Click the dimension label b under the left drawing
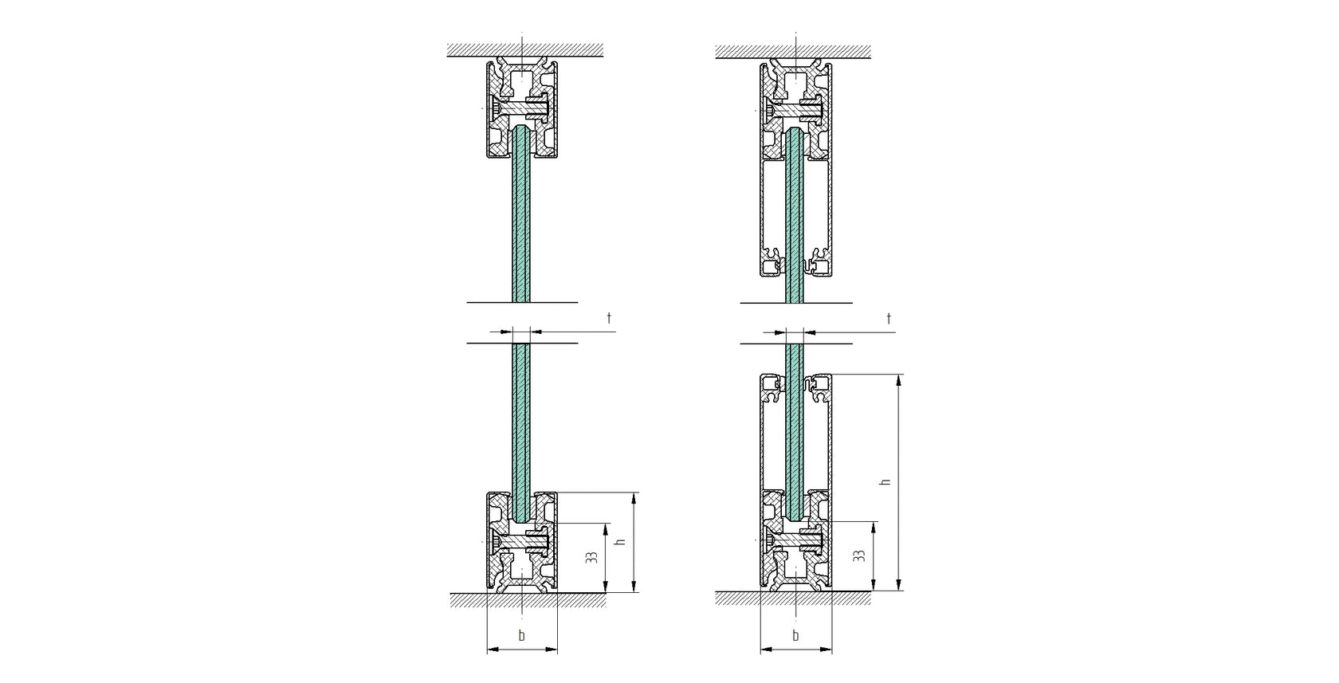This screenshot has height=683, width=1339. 522,635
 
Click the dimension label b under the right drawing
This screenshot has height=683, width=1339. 795,635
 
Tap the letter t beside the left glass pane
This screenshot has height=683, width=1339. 610,319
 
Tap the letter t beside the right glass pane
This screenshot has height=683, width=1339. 889,319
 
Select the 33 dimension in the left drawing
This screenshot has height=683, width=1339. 591,558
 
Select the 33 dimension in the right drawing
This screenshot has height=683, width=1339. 859,555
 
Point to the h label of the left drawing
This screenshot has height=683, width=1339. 621,541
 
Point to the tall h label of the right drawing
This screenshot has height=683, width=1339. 884,482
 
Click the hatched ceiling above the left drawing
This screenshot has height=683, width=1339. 524,50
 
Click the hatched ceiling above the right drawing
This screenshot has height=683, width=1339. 792,50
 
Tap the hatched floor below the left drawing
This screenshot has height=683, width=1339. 528,599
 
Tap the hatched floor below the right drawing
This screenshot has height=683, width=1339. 792,598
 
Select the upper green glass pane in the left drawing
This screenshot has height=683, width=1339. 521,215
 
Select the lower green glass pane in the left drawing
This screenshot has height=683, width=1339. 521,422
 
